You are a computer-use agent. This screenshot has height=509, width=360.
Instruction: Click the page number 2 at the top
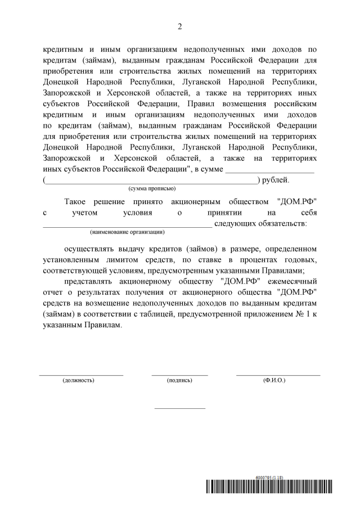(180, 26)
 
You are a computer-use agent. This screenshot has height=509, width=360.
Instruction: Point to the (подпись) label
(179, 381)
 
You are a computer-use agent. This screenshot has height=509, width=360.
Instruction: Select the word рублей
(276, 180)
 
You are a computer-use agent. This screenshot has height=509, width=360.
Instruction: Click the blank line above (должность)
(81, 374)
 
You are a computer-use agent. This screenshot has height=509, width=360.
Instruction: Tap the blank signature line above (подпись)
(179, 374)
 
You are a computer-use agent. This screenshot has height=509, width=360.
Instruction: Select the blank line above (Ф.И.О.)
(278, 374)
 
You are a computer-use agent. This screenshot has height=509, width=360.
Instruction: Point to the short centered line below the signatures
(179, 408)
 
